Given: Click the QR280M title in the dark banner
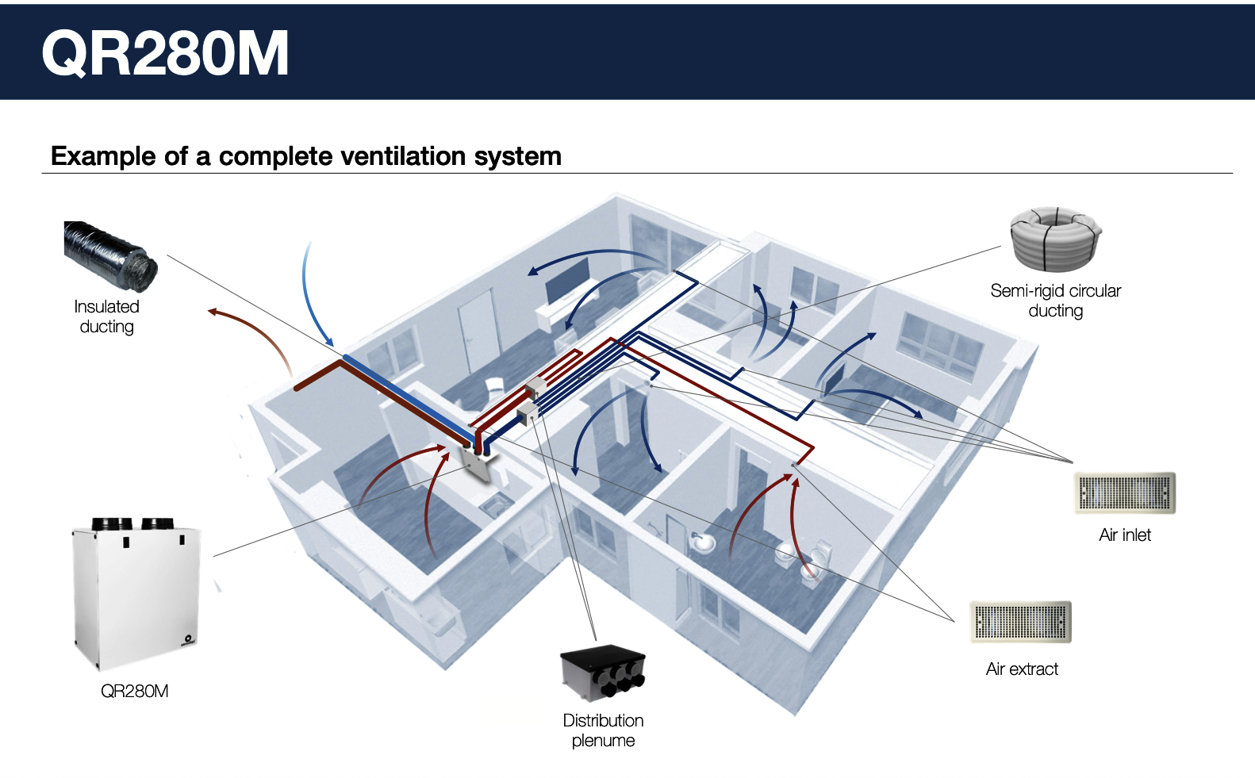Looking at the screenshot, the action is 165,53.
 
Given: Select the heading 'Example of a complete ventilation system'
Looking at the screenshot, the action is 306,155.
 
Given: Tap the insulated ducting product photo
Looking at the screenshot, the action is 110,256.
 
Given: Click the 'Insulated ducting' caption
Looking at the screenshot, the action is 106,316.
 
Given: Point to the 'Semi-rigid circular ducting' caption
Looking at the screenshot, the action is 1056,301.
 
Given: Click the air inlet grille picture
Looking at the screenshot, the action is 1124,493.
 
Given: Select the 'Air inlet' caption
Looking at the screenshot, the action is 1124,535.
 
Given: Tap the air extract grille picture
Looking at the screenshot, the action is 1020,622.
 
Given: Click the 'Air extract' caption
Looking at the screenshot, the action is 1022,669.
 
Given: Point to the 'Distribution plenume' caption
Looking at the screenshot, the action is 603,730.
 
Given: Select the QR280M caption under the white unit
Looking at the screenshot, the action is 135,692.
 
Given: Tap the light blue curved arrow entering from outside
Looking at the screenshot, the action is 312,296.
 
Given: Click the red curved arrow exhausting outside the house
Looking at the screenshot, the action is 255,331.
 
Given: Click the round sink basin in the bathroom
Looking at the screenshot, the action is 700,542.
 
